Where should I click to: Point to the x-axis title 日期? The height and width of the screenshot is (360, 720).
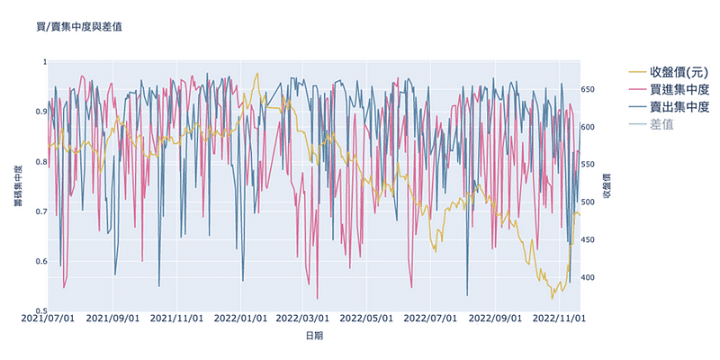coord(314,336)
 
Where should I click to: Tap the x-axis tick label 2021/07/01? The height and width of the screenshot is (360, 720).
coord(47,319)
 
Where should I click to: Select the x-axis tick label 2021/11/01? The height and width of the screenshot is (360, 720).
coord(175,319)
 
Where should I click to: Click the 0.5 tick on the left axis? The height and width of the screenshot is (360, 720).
coord(37,311)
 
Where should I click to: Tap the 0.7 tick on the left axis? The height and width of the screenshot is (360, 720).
coord(37,211)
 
